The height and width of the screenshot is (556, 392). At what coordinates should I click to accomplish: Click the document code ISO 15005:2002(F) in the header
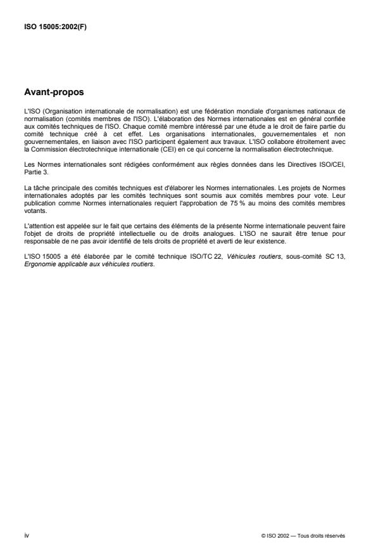(x=53, y=27)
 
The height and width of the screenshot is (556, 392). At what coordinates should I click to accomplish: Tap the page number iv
(x=27, y=536)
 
